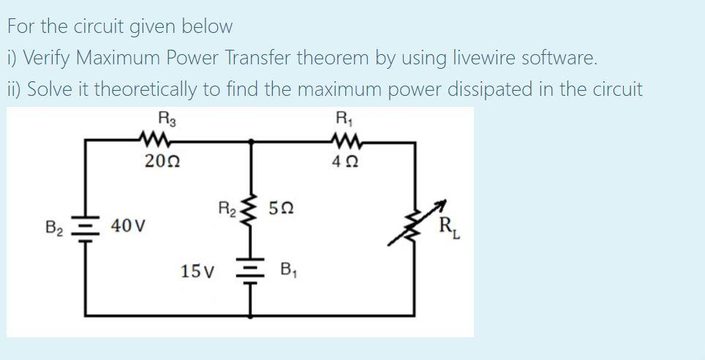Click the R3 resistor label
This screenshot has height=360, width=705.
coord(165,117)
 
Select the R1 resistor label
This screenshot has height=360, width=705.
coord(342,117)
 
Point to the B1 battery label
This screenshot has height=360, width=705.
coord(289,271)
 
